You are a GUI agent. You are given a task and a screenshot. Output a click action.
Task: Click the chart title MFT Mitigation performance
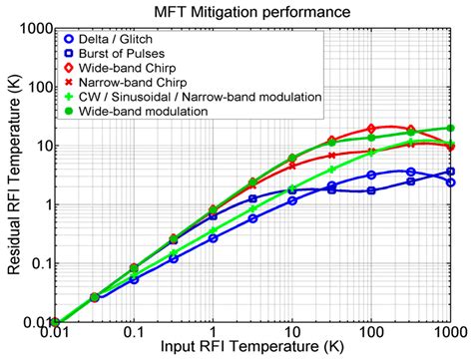pos(258,12)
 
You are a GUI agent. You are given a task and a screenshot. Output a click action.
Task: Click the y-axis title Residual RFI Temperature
pos(12,176)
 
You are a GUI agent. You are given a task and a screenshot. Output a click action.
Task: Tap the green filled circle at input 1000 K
pos(450,129)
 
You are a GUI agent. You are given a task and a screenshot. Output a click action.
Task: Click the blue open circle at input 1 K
pos(213,238)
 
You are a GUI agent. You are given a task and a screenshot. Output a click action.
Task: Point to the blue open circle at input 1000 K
pos(450,182)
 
